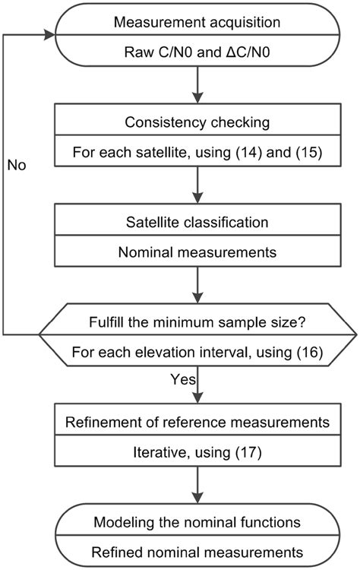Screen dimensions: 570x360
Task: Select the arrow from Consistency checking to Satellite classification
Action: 197,187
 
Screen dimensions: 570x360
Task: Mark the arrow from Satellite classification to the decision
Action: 197,285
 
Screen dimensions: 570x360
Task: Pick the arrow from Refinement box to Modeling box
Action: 197,486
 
